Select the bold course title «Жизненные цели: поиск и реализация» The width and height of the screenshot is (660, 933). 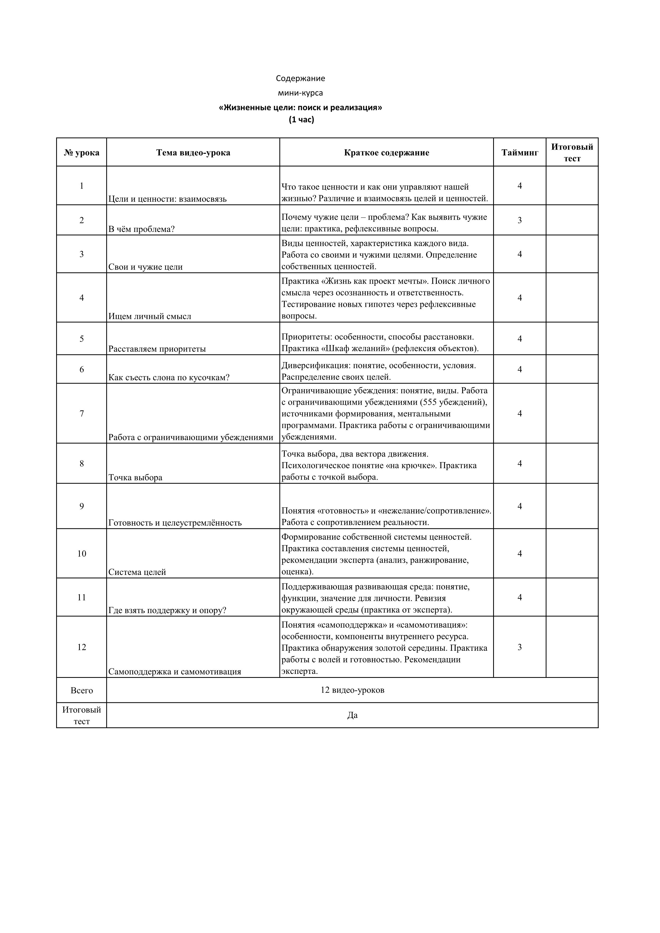point(300,108)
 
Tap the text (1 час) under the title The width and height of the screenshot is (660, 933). point(302,120)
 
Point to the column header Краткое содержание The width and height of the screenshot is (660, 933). point(386,152)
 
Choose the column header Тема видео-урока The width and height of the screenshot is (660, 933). point(193,152)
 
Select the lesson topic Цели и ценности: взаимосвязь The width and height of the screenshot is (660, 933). point(167,199)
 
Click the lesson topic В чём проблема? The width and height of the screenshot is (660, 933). point(141,229)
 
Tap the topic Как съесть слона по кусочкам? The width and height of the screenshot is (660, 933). point(169,378)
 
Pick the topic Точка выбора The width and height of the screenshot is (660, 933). point(135,478)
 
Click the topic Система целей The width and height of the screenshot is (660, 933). point(137,572)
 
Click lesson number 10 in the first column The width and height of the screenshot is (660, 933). point(82,553)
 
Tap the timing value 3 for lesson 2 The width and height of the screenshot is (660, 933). point(519,220)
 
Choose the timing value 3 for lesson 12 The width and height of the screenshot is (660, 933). point(519,647)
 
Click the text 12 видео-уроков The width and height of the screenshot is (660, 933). point(352,690)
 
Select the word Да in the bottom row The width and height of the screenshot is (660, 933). point(352,715)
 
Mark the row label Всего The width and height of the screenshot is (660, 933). point(82,690)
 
